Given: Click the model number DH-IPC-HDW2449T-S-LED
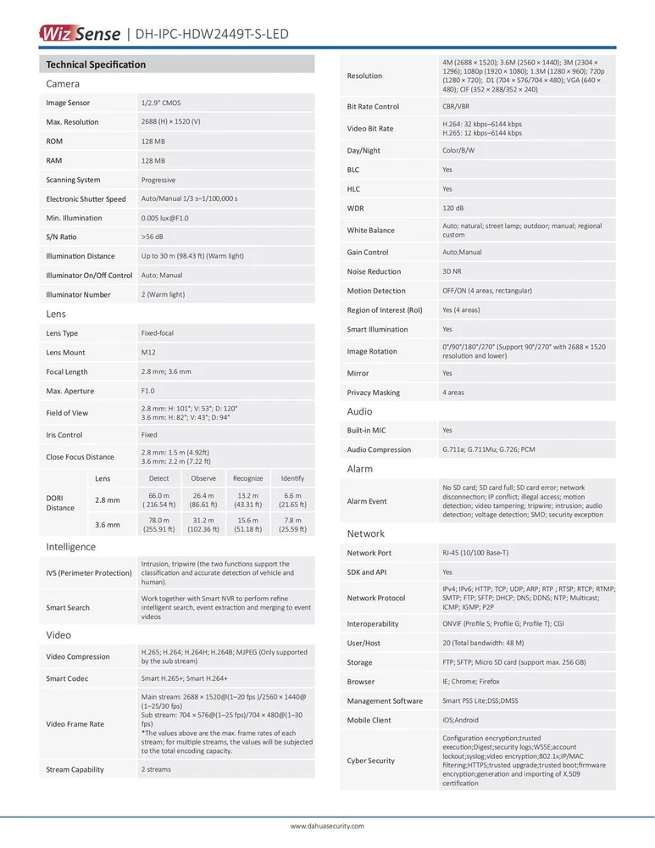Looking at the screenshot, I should click(210, 34).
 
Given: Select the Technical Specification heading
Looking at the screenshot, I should click(96, 64).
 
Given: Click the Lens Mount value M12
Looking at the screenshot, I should click(148, 352).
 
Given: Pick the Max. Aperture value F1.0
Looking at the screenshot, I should click(148, 391).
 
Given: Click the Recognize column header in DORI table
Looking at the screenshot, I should click(247, 478).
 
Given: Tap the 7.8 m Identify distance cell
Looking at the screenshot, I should click(292, 525).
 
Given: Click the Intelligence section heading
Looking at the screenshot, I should click(70, 547).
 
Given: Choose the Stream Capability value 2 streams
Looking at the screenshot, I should click(156, 769).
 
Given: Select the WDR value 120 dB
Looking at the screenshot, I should click(454, 208).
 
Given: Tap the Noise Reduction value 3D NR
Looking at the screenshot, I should click(452, 271).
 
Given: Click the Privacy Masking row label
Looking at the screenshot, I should click(373, 393).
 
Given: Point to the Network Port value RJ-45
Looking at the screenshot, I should click(475, 553).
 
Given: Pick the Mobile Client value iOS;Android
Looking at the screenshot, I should click(460, 720).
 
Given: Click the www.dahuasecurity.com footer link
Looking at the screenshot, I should click(327, 826).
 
